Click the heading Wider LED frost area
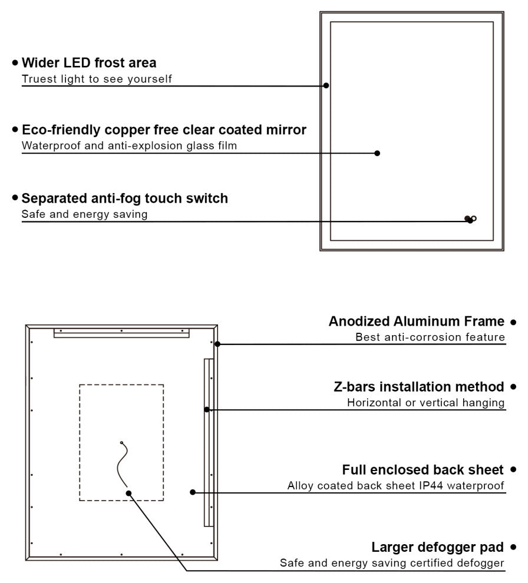pos(89,62)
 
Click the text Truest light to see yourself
pos(97,79)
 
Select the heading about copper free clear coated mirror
pos(164,130)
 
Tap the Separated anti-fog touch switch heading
pos(124,198)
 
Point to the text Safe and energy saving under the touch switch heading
pos(84,214)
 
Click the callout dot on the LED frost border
pos(326,85)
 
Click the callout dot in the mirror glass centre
pos(377,153)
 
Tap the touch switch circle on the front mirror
pos(474,218)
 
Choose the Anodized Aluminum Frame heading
pos(417,322)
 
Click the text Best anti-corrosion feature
pos(430,337)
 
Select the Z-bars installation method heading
pos(419,387)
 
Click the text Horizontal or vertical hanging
pos(425,403)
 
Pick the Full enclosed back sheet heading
pos(423,470)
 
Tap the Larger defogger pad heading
pos(437,548)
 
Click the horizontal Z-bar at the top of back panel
pos(121,333)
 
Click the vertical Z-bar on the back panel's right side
pos(207,442)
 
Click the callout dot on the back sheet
pos(193,492)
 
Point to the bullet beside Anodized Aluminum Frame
pos(513,322)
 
